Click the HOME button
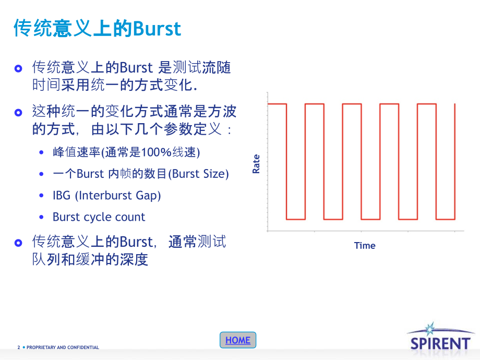[238, 340]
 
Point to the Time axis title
[365, 245]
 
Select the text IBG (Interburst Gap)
[106, 195]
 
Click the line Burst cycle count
[99, 217]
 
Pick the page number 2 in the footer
[19, 347]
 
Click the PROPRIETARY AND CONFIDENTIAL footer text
[63, 347]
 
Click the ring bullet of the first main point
[19, 69]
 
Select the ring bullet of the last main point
[19, 243]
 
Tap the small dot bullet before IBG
[42, 196]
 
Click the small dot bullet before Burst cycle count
[42, 217]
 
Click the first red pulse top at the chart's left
[277, 104]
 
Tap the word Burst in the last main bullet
[136, 242]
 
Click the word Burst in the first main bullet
[136, 68]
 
